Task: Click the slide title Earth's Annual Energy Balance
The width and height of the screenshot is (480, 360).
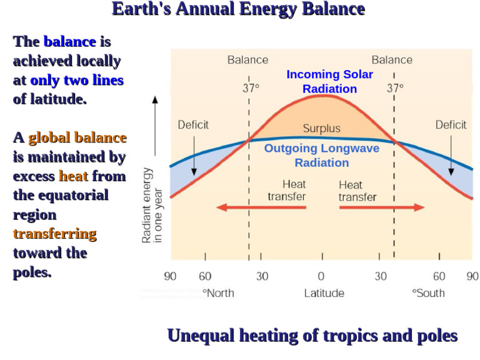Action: click(238, 9)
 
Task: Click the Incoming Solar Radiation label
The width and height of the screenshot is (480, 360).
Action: click(329, 81)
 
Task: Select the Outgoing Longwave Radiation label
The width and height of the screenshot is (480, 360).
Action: click(321, 156)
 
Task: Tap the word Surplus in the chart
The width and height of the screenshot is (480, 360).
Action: click(321, 129)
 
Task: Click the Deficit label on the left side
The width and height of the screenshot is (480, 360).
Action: click(193, 124)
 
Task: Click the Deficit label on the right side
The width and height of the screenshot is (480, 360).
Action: click(451, 124)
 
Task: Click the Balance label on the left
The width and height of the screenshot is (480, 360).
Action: click(247, 60)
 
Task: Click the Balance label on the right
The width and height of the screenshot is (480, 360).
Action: click(392, 60)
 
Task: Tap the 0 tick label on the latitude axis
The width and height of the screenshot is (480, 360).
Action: click(321, 276)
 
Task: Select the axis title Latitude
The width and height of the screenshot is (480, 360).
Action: click(324, 292)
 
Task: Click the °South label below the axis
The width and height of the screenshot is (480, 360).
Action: click(428, 292)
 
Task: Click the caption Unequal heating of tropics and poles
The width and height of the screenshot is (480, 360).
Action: click(312, 336)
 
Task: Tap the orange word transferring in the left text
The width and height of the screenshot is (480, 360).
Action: click(55, 234)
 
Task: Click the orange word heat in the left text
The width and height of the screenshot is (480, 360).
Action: click(74, 176)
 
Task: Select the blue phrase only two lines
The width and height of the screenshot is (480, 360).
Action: click(77, 81)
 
